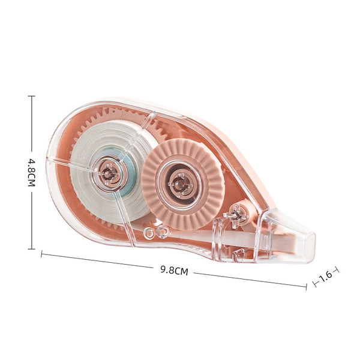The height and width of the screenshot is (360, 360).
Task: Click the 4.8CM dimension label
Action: click(x=31, y=172)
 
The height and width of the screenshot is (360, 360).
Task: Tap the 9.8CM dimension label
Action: click(x=174, y=270)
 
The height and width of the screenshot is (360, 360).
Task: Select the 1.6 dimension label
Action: click(x=326, y=277)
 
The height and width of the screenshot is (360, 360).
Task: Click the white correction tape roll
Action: click(x=110, y=172)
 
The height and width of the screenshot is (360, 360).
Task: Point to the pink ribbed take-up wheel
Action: click(x=182, y=184)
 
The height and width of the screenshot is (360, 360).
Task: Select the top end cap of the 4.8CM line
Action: click(x=31, y=96)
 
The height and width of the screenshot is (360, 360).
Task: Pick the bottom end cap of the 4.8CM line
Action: click(x=31, y=248)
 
